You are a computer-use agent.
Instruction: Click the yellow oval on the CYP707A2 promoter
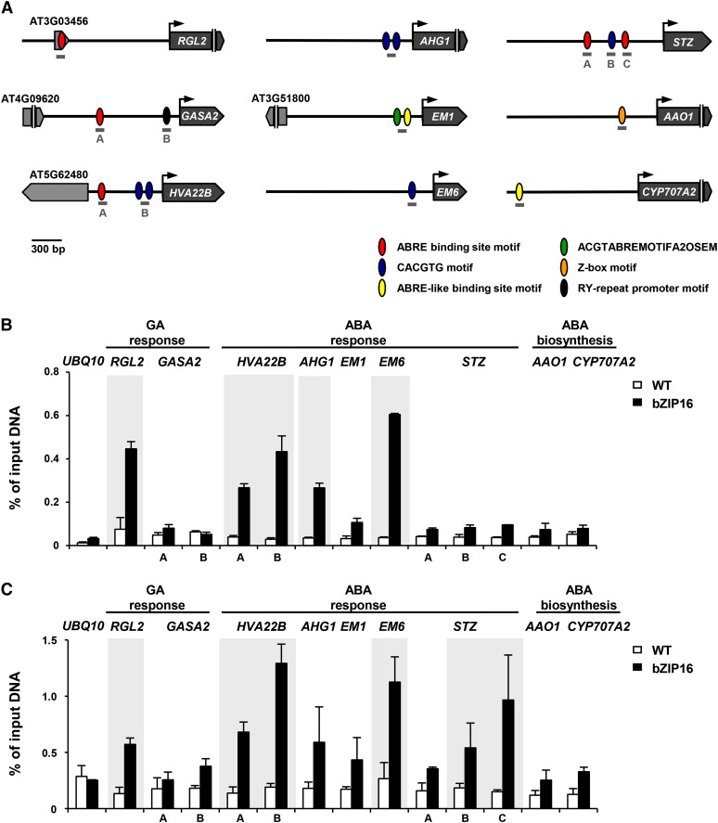(x=519, y=191)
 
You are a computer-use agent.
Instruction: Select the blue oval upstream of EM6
(x=412, y=191)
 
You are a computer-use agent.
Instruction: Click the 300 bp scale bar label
(x=45, y=248)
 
